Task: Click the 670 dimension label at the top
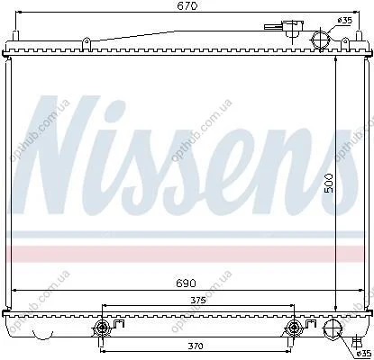pyautogui.click(x=187, y=6)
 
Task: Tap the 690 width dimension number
pyautogui.click(x=187, y=283)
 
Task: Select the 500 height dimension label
pyautogui.click(x=330, y=183)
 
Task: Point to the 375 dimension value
pyautogui.click(x=198, y=301)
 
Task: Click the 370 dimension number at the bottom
pyautogui.click(x=196, y=346)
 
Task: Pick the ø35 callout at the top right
pyautogui.click(x=344, y=21)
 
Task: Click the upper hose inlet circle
pyautogui.click(x=321, y=40)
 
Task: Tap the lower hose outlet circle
pyautogui.click(x=332, y=329)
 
